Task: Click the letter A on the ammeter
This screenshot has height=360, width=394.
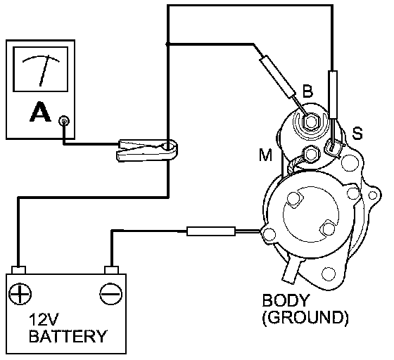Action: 40,112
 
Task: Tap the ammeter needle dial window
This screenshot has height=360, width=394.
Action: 41,69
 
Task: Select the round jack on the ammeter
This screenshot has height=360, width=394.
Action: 64,121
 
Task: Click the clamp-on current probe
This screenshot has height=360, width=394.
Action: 147,150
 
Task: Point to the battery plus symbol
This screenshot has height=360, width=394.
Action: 20,294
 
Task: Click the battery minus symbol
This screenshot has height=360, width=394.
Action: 111,294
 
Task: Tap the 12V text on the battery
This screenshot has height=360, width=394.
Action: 44,320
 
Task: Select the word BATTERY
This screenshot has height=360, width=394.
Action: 68,336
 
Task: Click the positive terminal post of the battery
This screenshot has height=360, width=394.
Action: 18,270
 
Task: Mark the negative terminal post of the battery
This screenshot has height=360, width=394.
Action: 111,270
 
